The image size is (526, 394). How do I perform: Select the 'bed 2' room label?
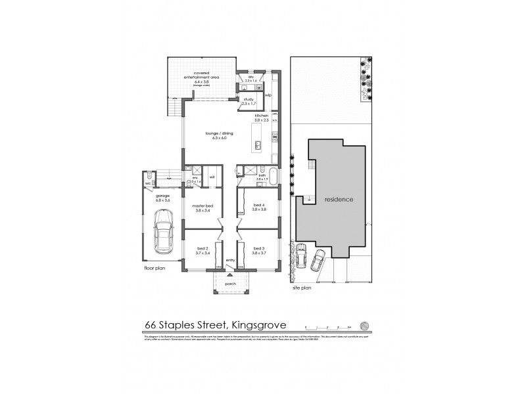tap(201, 248)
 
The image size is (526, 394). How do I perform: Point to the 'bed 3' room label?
tap(259, 248)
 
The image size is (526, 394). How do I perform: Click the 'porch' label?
tap(230, 284)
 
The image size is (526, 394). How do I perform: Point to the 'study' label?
tap(248, 100)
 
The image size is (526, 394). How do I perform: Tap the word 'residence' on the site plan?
tap(339, 199)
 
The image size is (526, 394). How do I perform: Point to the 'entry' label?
tap(230, 261)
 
